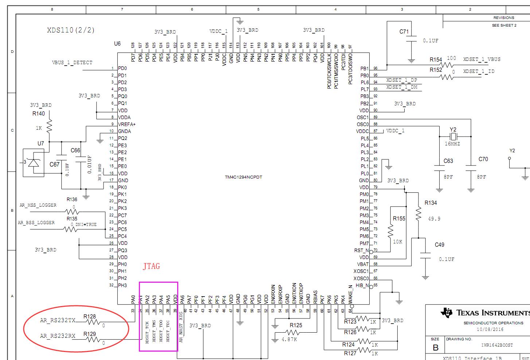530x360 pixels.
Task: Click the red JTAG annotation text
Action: (151, 266)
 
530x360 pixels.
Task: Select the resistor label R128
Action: (90, 316)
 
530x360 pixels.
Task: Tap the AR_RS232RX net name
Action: (58, 336)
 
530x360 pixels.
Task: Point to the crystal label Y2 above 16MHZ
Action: (453, 130)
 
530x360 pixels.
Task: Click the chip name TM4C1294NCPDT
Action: (243, 177)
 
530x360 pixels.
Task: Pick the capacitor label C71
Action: (404, 32)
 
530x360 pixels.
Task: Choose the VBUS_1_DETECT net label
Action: (72, 63)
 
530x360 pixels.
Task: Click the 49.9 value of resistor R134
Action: (434, 219)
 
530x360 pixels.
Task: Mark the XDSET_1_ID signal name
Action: (479, 71)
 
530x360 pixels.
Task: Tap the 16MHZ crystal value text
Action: (452, 144)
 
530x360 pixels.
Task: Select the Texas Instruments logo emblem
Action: (447, 313)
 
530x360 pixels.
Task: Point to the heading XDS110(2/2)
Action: (71, 30)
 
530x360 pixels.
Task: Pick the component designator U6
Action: (117, 44)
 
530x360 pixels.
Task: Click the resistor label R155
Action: (399, 219)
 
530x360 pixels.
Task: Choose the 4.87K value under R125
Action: (289, 340)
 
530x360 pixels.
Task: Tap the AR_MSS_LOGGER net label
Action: (38, 206)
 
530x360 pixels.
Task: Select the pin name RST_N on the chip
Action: (361, 251)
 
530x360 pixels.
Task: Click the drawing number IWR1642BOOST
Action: (497, 345)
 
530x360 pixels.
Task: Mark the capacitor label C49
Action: (439, 245)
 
